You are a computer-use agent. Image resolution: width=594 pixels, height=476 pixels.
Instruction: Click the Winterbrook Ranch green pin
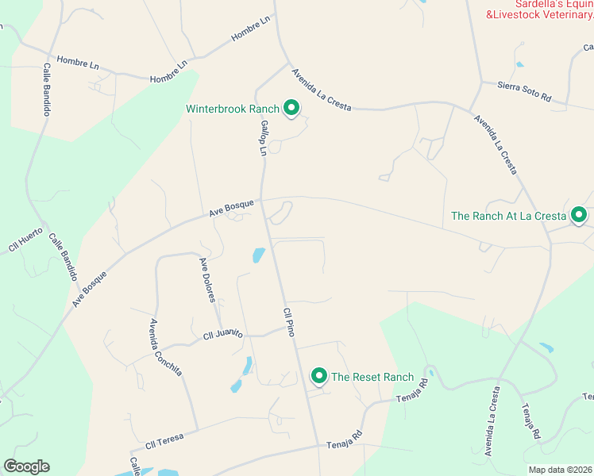pyautogui.click(x=291, y=108)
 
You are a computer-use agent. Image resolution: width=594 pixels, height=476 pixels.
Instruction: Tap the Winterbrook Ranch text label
pyautogui.click(x=233, y=109)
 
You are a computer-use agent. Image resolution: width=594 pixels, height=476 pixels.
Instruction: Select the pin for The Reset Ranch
pyautogui.click(x=319, y=376)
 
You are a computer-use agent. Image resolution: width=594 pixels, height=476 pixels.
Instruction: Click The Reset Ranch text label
pyautogui.click(x=372, y=377)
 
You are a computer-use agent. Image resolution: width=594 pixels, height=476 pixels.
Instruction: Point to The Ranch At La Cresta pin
pyautogui.click(x=579, y=214)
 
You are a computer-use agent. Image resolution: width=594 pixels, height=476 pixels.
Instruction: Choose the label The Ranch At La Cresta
pyautogui.click(x=508, y=215)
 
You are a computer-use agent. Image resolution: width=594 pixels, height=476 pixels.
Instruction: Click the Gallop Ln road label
pyautogui.click(x=262, y=139)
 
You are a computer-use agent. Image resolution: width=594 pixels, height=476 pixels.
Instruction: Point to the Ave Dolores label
pyautogui.click(x=207, y=280)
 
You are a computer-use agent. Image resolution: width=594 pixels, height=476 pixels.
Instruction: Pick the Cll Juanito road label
pyautogui.click(x=222, y=336)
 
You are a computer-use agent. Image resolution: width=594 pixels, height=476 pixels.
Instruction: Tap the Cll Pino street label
pyautogui.click(x=289, y=322)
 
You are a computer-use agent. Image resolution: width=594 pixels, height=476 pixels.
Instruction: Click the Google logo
pyautogui.click(x=26, y=466)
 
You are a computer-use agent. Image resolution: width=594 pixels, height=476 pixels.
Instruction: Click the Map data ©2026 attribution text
pyautogui.click(x=561, y=470)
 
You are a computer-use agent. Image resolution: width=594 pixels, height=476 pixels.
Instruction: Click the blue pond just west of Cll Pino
pyautogui.click(x=258, y=255)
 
